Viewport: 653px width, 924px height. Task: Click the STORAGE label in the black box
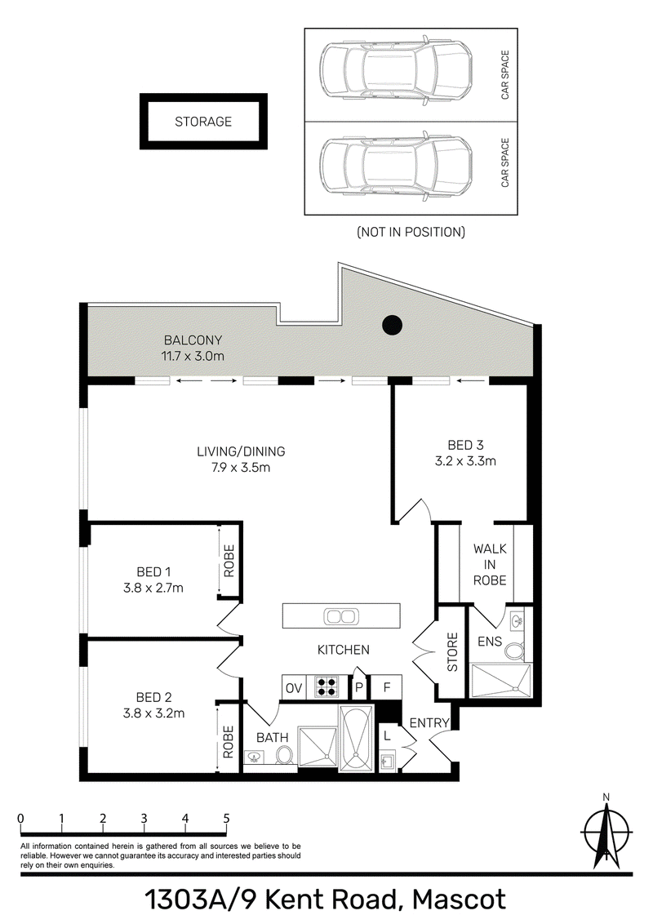pyautogui.click(x=203, y=122)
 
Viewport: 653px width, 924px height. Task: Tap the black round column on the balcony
pyautogui.click(x=393, y=325)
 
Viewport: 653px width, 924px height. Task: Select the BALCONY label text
pyautogui.click(x=193, y=340)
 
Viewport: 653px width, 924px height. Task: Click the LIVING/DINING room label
pyautogui.click(x=241, y=451)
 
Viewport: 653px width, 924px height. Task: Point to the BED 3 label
pyautogui.click(x=465, y=445)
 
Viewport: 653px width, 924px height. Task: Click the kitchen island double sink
pyautogui.click(x=340, y=616)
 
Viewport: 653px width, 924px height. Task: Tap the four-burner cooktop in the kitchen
pyautogui.click(x=327, y=686)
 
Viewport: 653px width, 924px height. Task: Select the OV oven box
pyautogui.click(x=294, y=687)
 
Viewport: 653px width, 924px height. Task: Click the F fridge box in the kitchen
pyautogui.click(x=387, y=687)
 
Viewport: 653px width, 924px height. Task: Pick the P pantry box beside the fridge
pyautogui.click(x=359, y=687)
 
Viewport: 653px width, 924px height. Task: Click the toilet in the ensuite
pyautogui.click(x=514, y=651)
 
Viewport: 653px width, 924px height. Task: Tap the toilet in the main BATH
pyautogui.click(x=285, y=756)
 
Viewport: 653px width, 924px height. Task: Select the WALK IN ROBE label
pyautogui.click(x=490, y=565)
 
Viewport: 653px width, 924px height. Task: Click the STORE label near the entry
pyautogui.click(x=453, y=651)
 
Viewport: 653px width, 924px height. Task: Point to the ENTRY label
pyautogui.click(x=429, y=722)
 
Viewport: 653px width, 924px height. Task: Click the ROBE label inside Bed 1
pyautogui.click(x=229, y=561)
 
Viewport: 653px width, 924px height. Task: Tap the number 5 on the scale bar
pyautogui.click(x=226, y=819)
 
